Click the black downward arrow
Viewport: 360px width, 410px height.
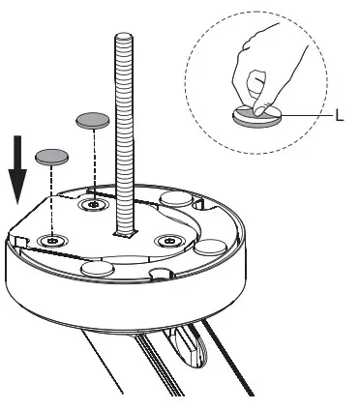17,166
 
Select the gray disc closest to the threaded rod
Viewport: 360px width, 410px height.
92,119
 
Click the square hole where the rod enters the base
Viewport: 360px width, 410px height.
122,233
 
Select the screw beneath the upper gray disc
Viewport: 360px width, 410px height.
93,205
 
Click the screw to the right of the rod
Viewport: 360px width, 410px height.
170,239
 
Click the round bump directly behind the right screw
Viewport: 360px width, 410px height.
179,198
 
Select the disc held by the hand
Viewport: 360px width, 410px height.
256,116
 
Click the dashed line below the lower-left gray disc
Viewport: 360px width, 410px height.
49,198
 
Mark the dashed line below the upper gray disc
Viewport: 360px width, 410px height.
93,164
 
